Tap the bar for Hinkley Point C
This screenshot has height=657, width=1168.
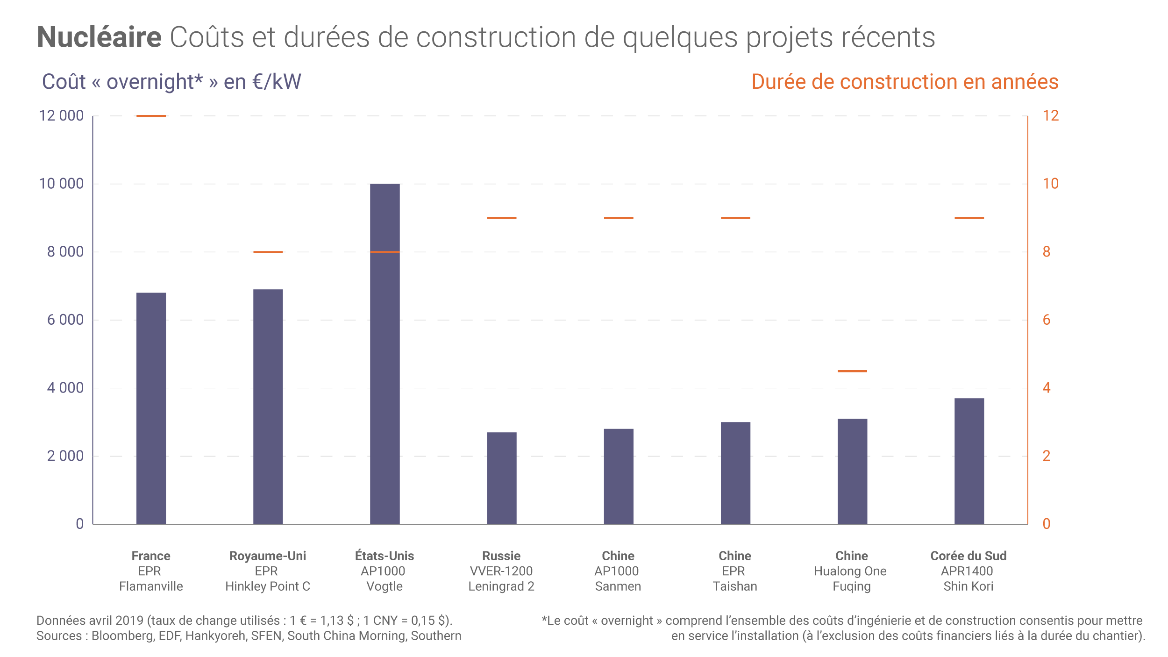268,407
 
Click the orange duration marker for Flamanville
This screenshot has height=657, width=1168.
151,116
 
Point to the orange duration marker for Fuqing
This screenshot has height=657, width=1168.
852,371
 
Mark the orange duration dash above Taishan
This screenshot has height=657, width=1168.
735,218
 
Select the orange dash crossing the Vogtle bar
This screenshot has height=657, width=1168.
385,252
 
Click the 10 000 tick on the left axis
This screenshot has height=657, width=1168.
61,184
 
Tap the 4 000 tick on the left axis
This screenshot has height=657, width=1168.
65,388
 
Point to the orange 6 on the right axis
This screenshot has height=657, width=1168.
1047,320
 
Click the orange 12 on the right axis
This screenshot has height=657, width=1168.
1051,116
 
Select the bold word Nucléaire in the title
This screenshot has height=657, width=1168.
99,37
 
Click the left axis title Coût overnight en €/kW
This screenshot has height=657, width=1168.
171,82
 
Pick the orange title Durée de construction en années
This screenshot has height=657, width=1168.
904,82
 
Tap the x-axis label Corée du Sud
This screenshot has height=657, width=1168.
969,556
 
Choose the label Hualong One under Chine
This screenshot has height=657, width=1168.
850,571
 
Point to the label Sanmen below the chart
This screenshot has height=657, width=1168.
618,586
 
